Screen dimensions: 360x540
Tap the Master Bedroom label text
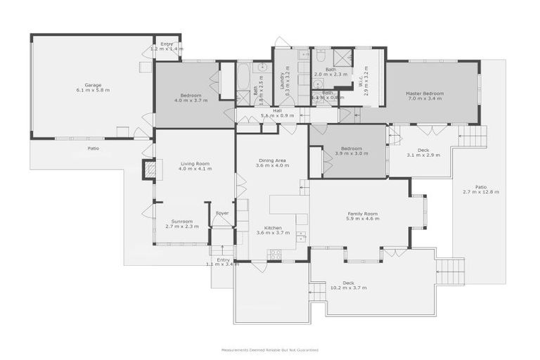[x=424, y=93]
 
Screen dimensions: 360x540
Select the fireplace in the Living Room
[x=149, y=169]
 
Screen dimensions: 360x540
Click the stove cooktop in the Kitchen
[x=274, y=255]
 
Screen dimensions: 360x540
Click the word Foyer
[x=222, y=212]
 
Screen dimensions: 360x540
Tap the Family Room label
[x=363, y=213]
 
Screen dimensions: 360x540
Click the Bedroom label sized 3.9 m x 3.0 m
[x=352, y=154]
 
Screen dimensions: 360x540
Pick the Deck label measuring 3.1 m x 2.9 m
[x=423, y=154]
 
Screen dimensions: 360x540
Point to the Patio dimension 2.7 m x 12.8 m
[x=480, y=192]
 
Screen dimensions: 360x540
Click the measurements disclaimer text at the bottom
[x=269, y=349]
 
